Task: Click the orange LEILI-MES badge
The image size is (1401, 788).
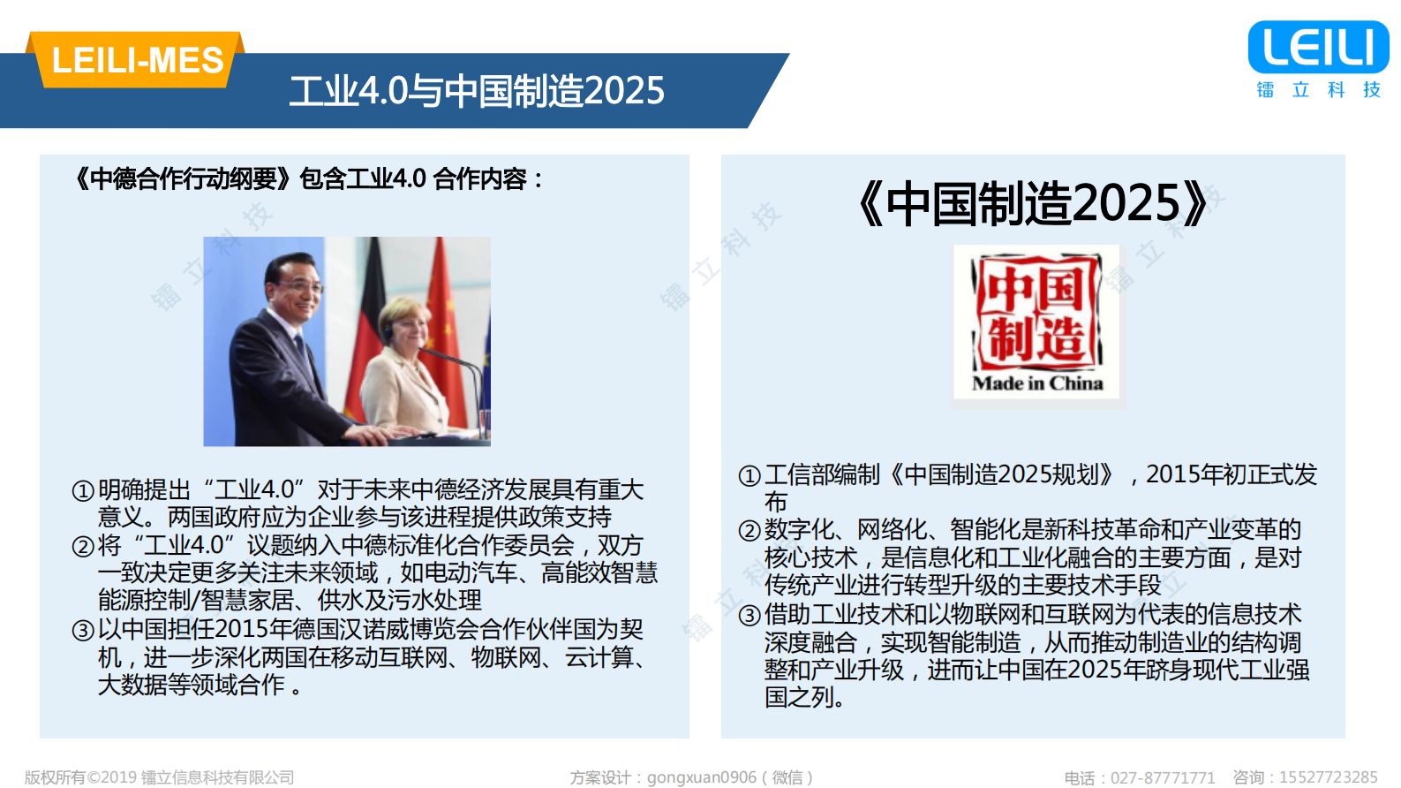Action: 137,60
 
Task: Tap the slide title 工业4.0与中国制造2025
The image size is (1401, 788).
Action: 477,91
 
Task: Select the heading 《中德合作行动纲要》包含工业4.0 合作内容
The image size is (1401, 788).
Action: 309,179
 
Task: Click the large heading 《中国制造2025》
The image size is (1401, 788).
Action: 1033,203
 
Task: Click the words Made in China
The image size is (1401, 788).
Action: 1037,383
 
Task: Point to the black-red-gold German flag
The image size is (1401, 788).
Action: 371,309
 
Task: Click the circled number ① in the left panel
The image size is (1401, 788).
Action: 83,491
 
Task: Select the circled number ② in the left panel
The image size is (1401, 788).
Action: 83,547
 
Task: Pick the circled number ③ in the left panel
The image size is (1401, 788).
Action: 83,631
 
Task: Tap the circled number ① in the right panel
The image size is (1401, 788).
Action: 749,476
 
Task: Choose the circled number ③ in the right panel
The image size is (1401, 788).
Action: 749,616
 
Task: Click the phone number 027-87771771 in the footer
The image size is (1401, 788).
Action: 1163,777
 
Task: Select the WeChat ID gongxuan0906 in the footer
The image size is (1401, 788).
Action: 702,777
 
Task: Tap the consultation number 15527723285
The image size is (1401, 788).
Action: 1329,777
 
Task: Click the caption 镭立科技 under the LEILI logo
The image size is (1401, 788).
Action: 1318,89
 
